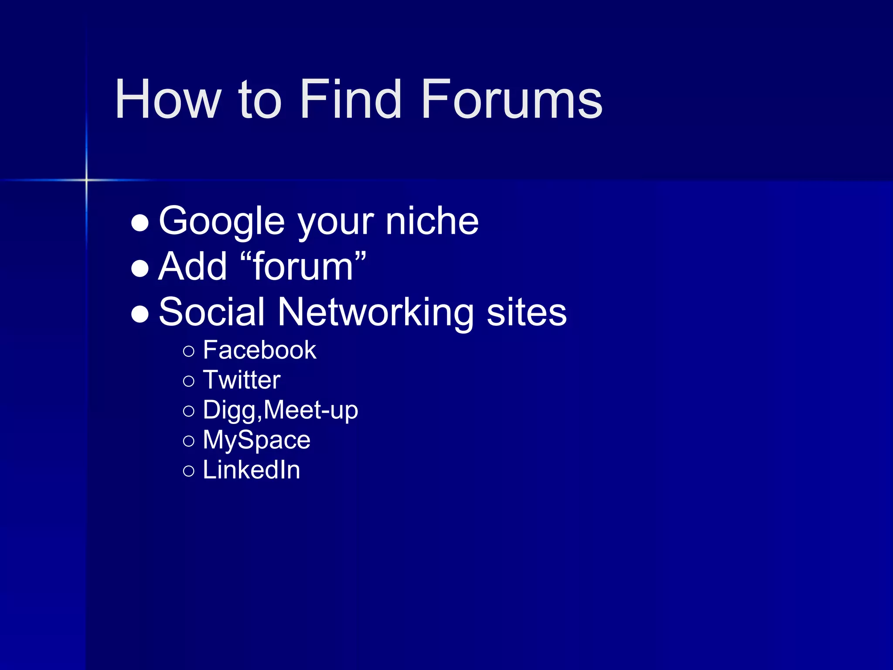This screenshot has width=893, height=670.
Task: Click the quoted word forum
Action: point(303,267)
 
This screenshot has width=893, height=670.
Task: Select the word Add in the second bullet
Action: point(193,267)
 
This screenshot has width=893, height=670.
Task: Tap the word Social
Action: point(211,312)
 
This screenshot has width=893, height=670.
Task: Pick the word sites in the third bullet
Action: point(526,312)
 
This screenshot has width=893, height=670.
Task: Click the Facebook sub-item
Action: point(259,350)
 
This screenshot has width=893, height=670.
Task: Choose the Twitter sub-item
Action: point(242,380)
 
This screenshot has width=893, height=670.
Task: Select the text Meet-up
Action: point(311,410)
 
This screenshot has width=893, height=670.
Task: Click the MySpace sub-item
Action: point(256,440)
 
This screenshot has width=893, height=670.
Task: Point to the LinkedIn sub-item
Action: point(252,470)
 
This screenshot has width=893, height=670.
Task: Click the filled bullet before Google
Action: point(140,222)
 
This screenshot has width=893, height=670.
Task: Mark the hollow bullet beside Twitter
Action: point(189,381)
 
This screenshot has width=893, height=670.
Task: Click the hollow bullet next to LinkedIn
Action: point(189,471)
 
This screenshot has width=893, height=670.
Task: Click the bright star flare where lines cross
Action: point(86,180)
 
